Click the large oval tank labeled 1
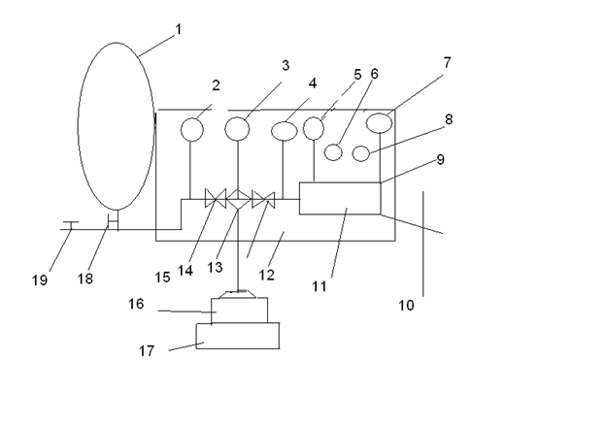(78, 127)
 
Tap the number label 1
(178, 29)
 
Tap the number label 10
(406, 306)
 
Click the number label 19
(40, 280)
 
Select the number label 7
(447, 62)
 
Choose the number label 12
(266, 275)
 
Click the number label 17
(147, 351)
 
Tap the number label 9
(441, 159)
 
